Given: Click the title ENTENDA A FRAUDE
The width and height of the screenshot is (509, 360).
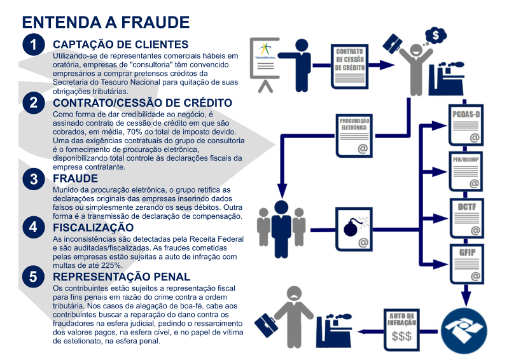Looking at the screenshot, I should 106,23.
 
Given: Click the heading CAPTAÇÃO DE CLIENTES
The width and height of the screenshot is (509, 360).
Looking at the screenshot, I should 120,45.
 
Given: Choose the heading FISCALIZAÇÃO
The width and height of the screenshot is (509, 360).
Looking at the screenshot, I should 93,227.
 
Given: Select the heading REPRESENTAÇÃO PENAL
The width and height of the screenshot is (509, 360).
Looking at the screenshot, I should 122,277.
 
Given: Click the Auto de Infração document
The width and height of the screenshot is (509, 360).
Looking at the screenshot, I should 402,330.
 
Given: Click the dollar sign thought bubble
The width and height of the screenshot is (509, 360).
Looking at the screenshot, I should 437,34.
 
